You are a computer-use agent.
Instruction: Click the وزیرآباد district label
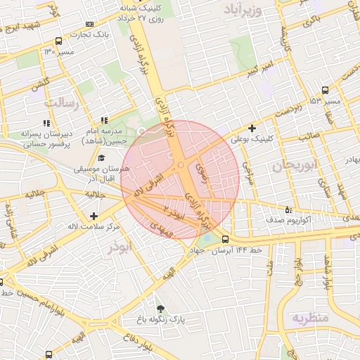243,11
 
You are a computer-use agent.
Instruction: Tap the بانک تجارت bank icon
89,25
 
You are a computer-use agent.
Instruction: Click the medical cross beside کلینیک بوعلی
252,127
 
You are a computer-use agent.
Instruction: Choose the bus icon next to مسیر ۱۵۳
324,91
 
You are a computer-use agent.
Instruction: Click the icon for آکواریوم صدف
288,210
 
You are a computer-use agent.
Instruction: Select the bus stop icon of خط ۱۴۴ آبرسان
225,239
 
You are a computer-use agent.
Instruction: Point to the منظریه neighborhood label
310,318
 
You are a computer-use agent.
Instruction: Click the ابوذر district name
119,248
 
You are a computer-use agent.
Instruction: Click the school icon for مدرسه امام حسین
104,120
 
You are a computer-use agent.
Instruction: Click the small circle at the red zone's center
181,165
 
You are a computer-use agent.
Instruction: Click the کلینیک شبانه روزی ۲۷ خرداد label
142,15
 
